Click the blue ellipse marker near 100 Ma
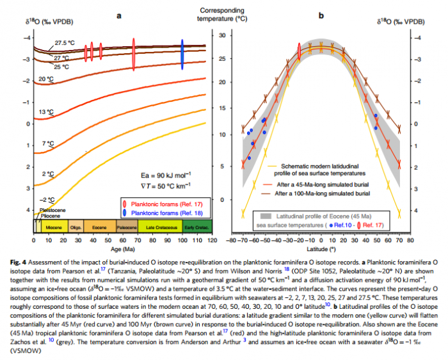[182, 53]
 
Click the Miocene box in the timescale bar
[52, 227]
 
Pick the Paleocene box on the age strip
[126, 227]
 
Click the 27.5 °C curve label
[62, 43]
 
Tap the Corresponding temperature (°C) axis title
[224, 15]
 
